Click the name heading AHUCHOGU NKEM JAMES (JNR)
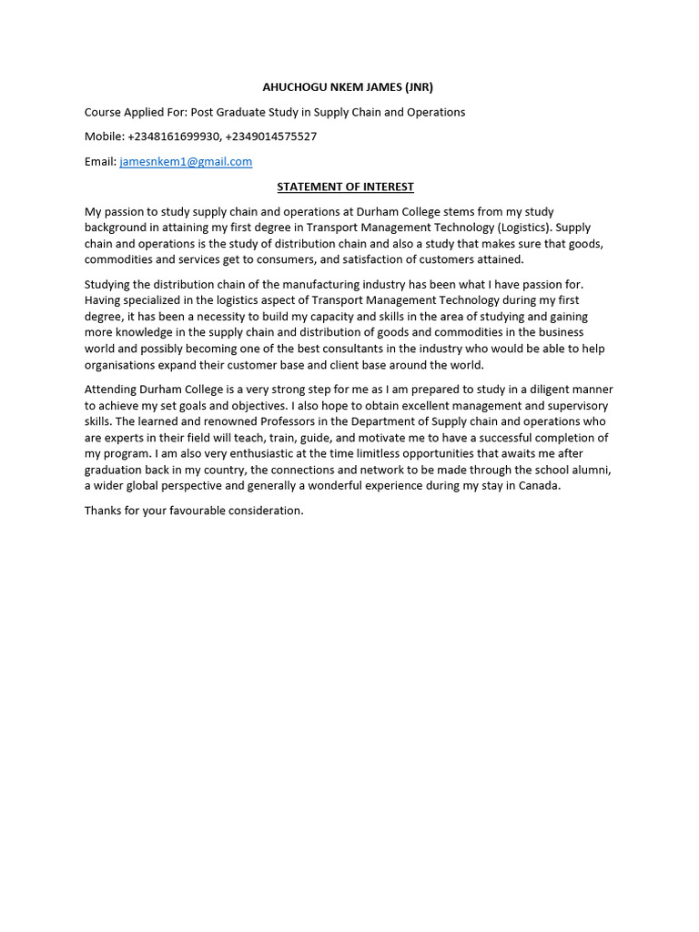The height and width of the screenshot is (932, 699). pyautogui.click(x=348, y=87)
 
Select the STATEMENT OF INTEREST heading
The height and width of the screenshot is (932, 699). pyautogui.click(x=345, y=187)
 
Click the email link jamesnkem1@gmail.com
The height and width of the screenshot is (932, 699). pyautogui.click(x=186, y=161)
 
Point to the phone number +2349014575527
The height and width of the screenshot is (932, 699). pyautogui.click(x=271, y=137)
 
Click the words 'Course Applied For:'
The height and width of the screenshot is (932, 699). pyautogui.click(x=136, y=112)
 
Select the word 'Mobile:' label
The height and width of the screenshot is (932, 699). pyautogui.click(x=105, y=137)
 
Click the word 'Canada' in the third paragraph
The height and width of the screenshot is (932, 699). pyautogui.click(x=540, y=485)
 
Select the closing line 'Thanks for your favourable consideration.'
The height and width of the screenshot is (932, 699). pyautogui.click(x=194, y=511)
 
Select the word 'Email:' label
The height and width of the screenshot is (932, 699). pyautogui.click(x=100, y=161)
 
